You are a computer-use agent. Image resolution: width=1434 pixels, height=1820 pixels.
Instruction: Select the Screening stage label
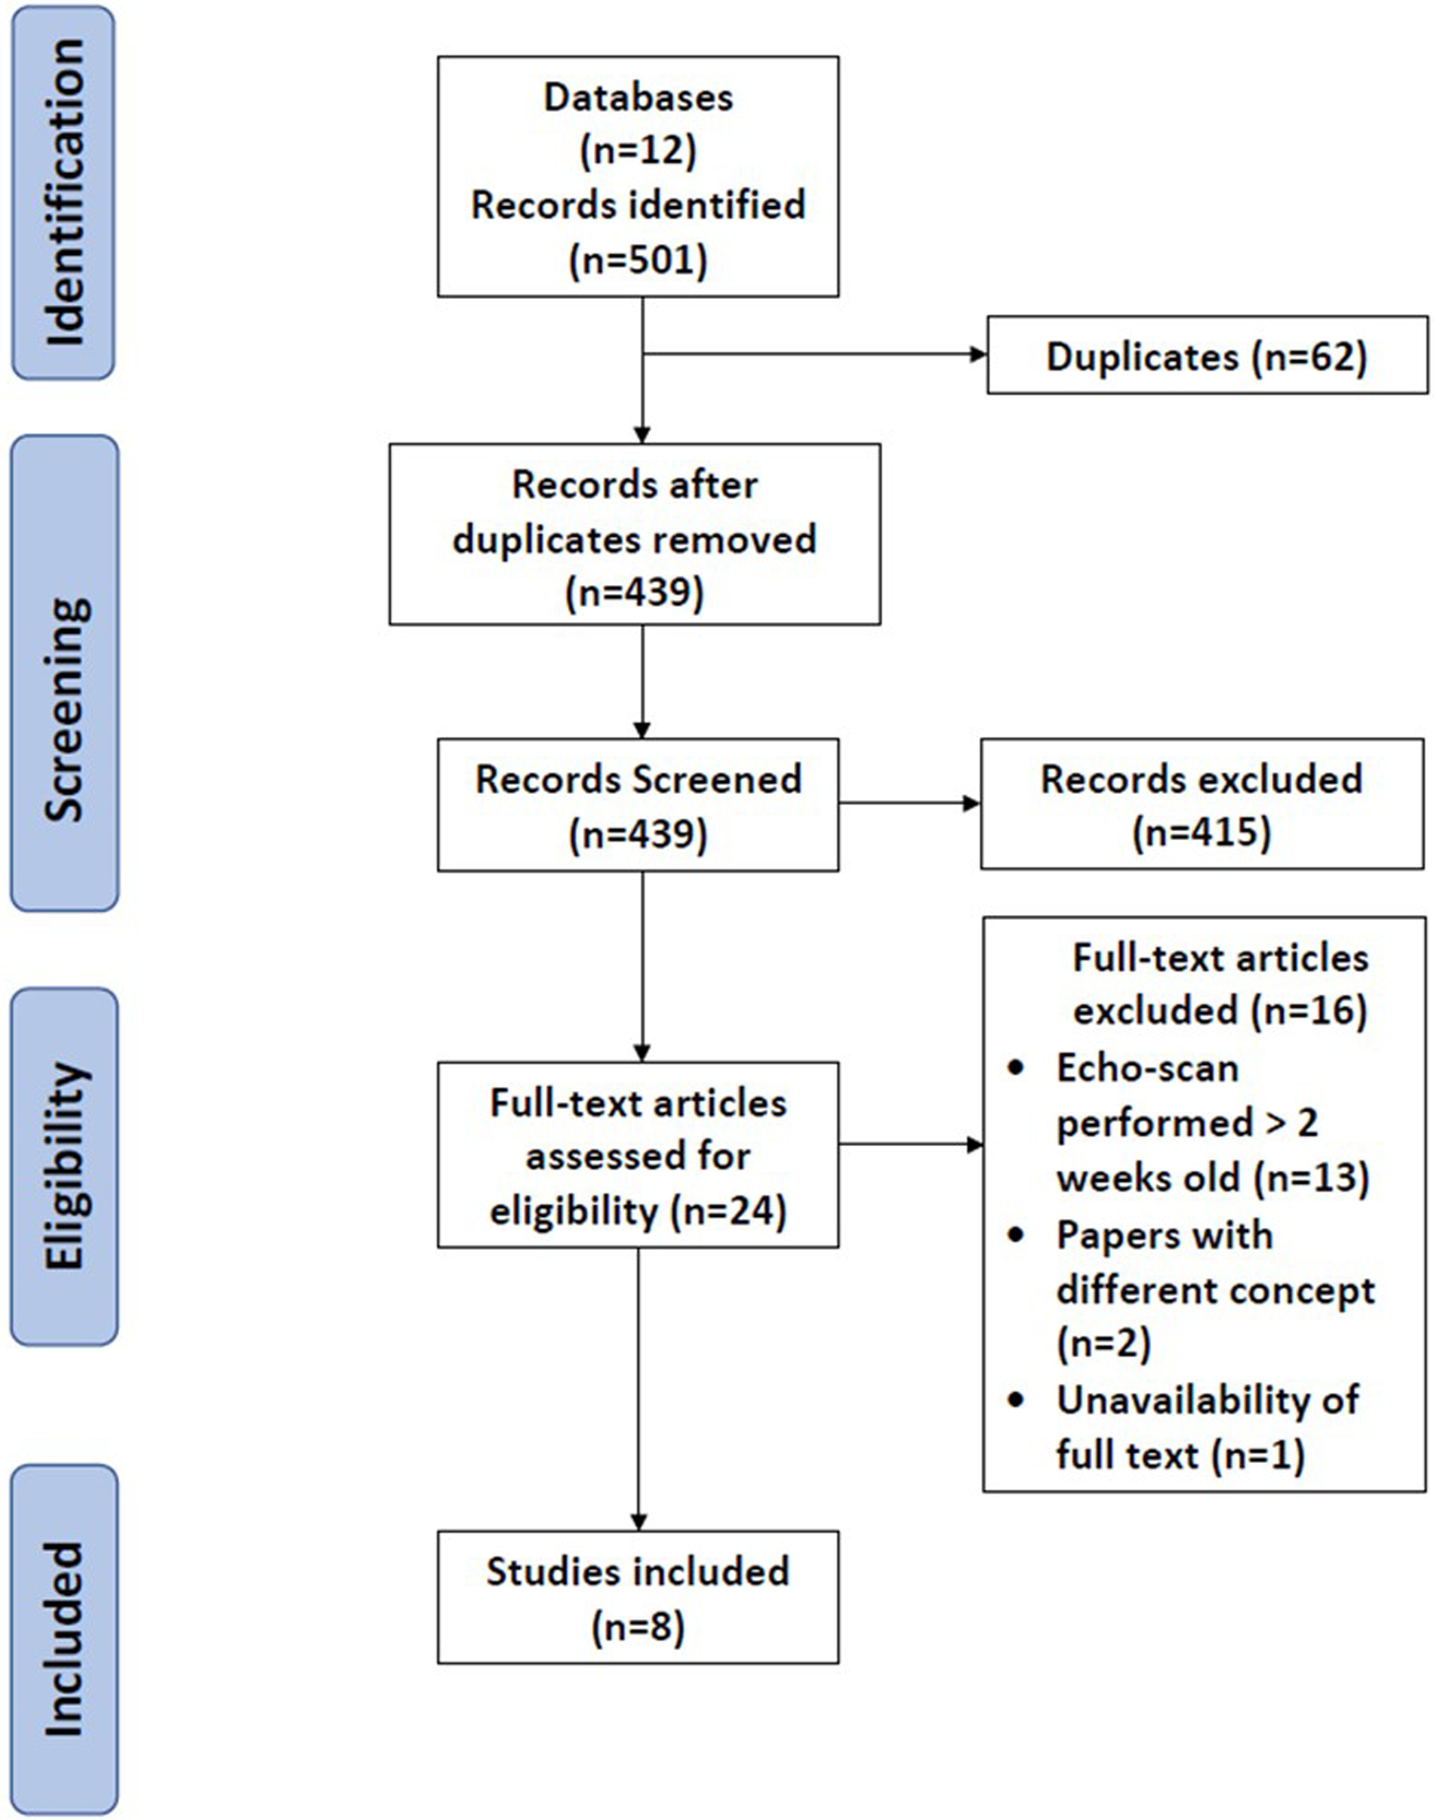(64, 673)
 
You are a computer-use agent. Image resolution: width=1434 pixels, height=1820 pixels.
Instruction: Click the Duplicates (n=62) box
(1207, 356)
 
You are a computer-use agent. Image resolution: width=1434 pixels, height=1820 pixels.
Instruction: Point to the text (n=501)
(638, 260)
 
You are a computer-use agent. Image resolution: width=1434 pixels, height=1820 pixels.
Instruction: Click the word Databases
(638, 97)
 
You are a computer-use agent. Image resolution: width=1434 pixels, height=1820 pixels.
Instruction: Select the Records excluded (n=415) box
(1202, 804)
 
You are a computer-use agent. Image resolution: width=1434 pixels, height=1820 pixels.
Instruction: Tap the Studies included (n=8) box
(638, 1597)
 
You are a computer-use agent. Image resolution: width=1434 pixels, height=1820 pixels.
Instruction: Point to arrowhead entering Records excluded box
(971, 804)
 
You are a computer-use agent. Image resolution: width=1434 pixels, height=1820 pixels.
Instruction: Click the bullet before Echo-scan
(1017, 1068)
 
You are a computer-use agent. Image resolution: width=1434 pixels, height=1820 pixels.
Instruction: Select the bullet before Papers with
(1017, 1236)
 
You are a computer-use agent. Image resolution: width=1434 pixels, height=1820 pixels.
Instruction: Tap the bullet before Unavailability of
(1017, 1400)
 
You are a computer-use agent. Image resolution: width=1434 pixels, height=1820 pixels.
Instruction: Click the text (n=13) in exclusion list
(1312, 1178)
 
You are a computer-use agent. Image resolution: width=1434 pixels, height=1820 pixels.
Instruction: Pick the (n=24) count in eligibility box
(729, 1210)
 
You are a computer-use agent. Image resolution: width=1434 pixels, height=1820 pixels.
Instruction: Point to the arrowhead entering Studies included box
(638, 1521)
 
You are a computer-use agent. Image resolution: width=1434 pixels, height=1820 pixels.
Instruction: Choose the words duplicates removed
(634, 539)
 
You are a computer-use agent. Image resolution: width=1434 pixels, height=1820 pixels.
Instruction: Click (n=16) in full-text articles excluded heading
(1309, 1010)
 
